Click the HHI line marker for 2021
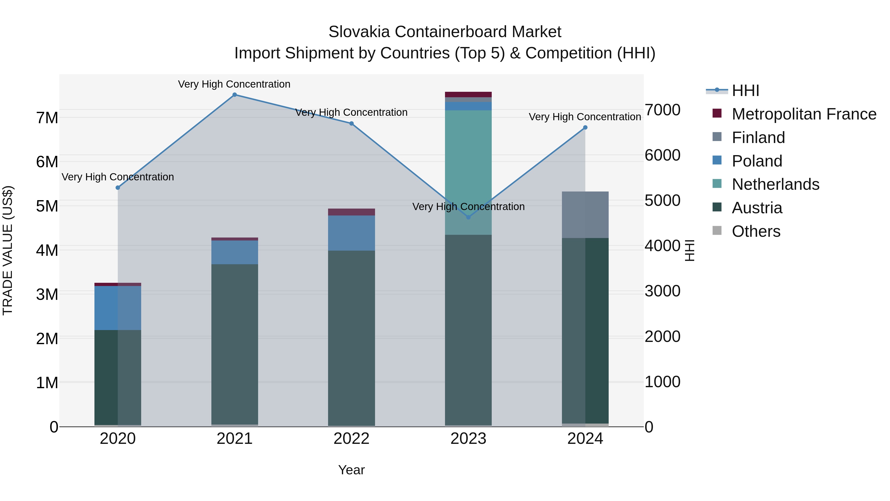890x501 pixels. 235,95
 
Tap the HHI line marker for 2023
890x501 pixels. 468,217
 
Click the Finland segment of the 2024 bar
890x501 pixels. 585,215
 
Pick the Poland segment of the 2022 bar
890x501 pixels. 351,233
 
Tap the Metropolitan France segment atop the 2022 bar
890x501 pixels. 351,212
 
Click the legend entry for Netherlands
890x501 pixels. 775,184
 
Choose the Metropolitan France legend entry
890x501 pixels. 804,114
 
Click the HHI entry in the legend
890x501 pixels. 745,91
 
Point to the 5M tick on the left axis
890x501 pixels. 47,206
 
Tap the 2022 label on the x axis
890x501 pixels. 351,439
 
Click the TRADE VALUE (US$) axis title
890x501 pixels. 8,250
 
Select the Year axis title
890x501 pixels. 351,470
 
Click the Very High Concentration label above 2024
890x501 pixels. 585,117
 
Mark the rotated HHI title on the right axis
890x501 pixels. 689,250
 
